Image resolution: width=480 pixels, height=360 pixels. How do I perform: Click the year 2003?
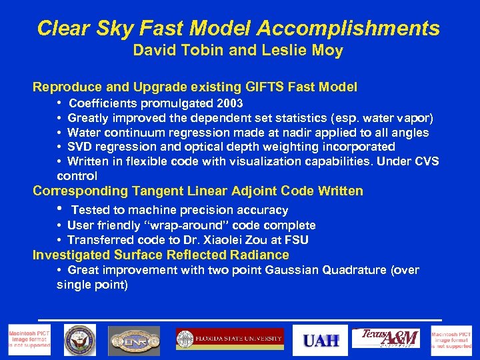click(x=229, y=104)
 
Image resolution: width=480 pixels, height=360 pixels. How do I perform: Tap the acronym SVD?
click(x=79, y=147)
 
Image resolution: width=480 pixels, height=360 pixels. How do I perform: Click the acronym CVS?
click(x=427, y=161)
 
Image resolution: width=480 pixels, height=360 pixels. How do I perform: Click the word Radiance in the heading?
click(x=259, y=255)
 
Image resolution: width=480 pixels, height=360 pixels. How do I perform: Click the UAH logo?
click(x=321, y=340)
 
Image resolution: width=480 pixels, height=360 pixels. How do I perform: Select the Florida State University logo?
click(x=230, y=339)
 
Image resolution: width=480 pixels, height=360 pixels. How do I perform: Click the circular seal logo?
click(x=80, y=340)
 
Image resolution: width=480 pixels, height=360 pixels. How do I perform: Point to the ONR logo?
click(x=134, y=340)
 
